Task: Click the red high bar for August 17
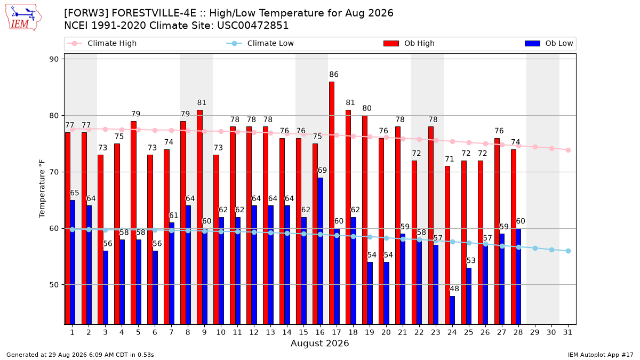pyautogui.click(x=332, y=203)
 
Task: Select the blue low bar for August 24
pyautogui.click(x=452, y=310)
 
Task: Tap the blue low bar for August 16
pyautogui.click(x=320, y=251)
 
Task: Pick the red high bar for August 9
pyautogui.click(x=199, y=217)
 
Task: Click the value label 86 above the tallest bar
pyautogui.click(x=334, y=75)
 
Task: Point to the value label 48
pyautogui.click(x=454, y=289)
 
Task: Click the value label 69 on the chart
pyautogui.click(x=322, y=171)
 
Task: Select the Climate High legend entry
pyautogui.click(x=102, y=43)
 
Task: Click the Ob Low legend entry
pyautogui.click(x=549, y=43)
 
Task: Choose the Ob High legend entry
pyautogui.click(x=409, y=43)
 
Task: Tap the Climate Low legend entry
pyautogui.click(x=260, y=43)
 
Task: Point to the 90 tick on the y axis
pyautogui.click(x=54, y=59)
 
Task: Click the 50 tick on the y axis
pyautogui.click(x=54, y=285)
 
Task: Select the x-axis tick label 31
pyautogui.click(x=567, y=333)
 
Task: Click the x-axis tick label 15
pyautogui.click(x=303, y=333)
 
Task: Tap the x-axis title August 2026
pyautogui.click(x=320, y=343)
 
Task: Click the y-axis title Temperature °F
pyautogui.click(x=42, y=189)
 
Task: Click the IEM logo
pyautogui.click(x=23, y=17)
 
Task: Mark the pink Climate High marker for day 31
pyautogui.click(x=569, y=150)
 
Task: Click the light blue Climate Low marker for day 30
pyautogui.click(x=551, y=250)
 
